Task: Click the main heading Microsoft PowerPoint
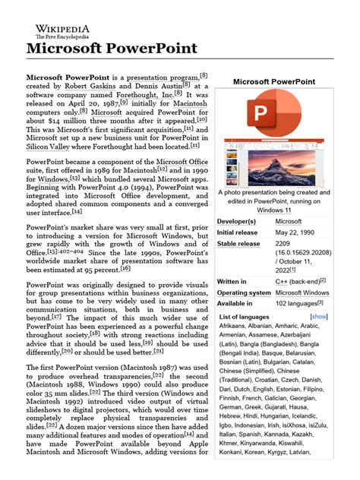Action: click(112, 48)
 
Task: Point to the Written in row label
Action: click(234, 281)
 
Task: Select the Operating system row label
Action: click(244, 292)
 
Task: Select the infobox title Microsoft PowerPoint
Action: click(273, 81)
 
